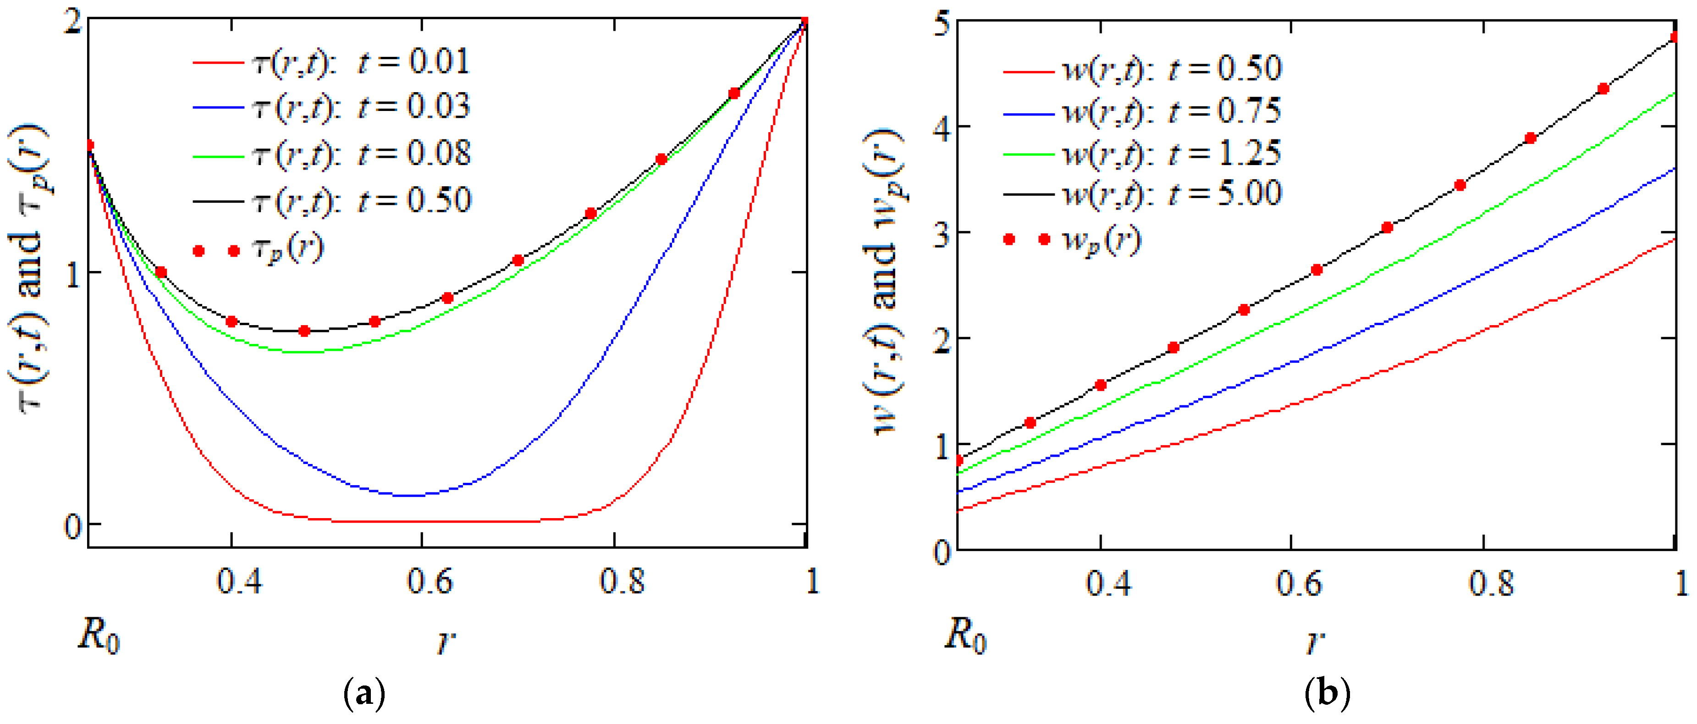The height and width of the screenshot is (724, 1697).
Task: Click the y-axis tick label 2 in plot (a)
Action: (x=74, y=24)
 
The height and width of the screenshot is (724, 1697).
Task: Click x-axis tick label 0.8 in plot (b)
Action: (x=1492, y=584)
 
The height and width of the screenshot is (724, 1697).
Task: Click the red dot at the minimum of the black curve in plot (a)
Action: (x=304, y=331)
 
